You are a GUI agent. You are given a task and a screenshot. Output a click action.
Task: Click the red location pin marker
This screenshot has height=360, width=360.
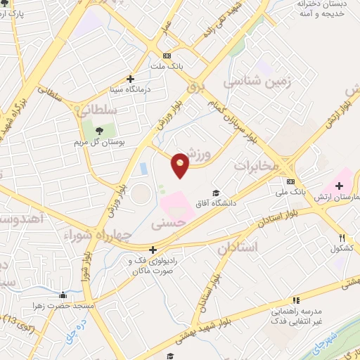(181, 165)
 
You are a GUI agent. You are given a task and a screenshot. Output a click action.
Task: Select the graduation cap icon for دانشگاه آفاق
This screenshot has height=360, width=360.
(217, 193)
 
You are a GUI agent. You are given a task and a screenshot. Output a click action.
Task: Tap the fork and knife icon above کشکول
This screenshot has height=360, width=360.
(342, 238)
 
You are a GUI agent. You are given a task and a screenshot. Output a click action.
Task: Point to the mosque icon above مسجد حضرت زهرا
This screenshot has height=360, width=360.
(63, 295)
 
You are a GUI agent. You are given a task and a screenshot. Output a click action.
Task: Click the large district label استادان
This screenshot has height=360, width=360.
(238, 247)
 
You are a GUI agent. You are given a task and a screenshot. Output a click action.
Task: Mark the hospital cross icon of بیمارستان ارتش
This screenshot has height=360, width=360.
(340, 186)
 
